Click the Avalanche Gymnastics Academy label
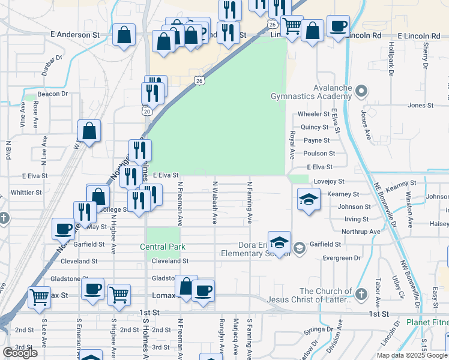pyautogui.click(x=311, y=92)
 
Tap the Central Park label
pyautogui.click(x=163, y=247)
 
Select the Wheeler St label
pyautogui.click(x=314, y=113)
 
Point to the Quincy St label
pyautogui.click(x=315, y=127)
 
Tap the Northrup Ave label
pyautogui.click(x=361, y=232)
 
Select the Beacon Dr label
pyautogui.click(x=53, y=94)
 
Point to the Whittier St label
pyautogui.click(x=26, y=193)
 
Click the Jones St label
pyautogui.click(x=420, y=106)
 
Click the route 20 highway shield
pyautogui.click(x=146, y=110)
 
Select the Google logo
pyautogui.click(x=20, y=353)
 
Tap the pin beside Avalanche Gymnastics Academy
pyautogui.click(x=361, y=92)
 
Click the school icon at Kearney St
pyautogui.click(x=309, y=199)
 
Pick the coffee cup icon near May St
pyautogui.click(x=63, y=229)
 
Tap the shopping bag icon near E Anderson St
pyautogui.click(x=124, y=35)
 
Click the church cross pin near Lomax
pyautogui.click(x=360, y=295)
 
